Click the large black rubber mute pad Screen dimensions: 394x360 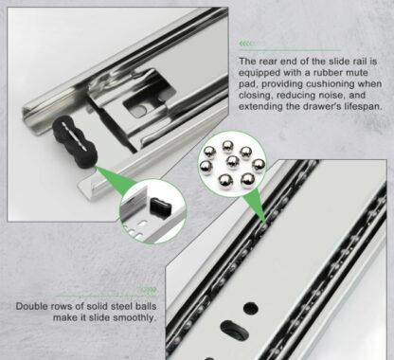[75, 140]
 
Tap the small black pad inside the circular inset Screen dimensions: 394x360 [161, 207]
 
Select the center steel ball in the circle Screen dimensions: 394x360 [233, 163]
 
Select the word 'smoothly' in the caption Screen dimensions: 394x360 [135, 318]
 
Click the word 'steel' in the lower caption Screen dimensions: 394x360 [118, 306]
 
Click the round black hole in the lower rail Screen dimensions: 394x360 [250, 308]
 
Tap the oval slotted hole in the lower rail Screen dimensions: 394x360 [233, 330]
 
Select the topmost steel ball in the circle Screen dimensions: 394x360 [227, 146]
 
